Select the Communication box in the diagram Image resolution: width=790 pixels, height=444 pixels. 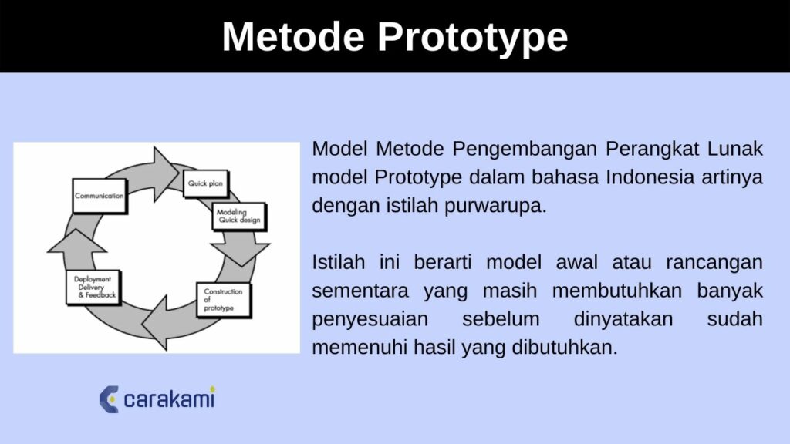(x=99, y=197)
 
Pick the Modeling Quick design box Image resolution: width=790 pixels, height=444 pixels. (x=238, y=217)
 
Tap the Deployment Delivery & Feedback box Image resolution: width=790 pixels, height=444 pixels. (x=93, y=288)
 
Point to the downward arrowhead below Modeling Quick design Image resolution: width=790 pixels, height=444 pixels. (x=241, y=252)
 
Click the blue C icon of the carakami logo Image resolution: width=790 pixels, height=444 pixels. (x=109, y=399)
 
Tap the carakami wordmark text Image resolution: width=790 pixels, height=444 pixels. (x=170, y=399)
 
